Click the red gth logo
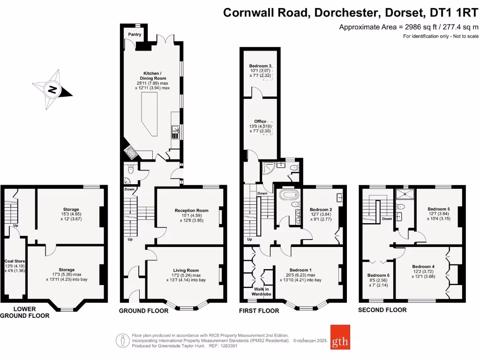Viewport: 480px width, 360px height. click(x=340, y=337)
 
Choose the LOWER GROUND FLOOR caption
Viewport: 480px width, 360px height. click(x=24, y=313)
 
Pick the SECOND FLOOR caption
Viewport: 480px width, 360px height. click(x=382, y=310)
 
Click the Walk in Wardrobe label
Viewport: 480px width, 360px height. click(x=262, y=292)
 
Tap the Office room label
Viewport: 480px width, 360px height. click(x=260, y=121)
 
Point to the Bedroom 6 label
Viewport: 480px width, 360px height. click(x=378, y=275)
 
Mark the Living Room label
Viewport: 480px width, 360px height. click(x=186, y=270)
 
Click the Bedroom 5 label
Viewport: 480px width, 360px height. click(x=439, y=209)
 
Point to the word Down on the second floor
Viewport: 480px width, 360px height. click(x=387, y=219)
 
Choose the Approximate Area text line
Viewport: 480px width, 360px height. click(x=408, y=27)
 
